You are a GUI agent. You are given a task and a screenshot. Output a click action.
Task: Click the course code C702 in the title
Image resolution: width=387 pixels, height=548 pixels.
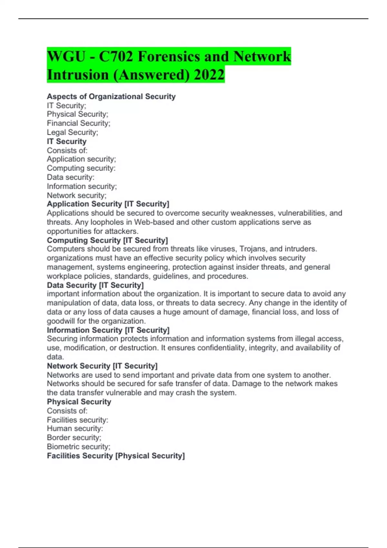click(x=116, y=57)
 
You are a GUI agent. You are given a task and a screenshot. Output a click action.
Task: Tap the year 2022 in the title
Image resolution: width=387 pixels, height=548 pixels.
click(x=209, y=75)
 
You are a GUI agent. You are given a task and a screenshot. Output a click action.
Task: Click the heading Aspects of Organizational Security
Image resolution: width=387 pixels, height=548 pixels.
click(x=111, y=96)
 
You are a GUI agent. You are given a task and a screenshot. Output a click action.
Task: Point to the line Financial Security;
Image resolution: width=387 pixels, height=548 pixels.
click(x=78, y=123)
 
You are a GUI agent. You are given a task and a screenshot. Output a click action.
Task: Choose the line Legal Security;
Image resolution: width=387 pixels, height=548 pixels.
click(x=73, y=132)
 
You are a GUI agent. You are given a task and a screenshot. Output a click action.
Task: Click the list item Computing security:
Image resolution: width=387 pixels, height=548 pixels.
click(x=81, y=168)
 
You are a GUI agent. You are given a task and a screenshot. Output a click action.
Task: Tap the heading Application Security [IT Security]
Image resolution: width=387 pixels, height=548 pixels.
click(x=108, y=204)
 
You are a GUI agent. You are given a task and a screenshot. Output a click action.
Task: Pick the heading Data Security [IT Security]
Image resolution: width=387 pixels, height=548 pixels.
click(x=95, y=285)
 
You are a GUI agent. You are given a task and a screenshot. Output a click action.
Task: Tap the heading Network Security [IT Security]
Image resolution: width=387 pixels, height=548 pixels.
click(x=102, y=366)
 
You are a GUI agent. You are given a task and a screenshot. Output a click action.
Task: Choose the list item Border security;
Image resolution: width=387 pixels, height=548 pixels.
click(x=74, y=437)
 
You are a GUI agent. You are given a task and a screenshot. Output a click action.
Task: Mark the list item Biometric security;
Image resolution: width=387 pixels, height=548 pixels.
click(x=78, y=446)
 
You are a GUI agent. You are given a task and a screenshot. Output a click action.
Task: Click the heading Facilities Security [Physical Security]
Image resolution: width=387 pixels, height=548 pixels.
click(x=116, y=456)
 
